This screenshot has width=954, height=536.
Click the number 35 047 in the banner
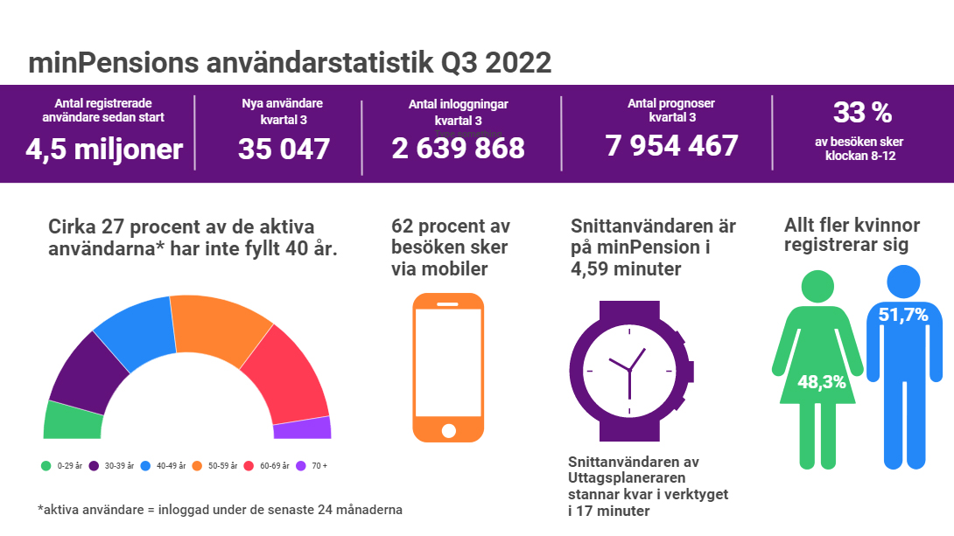(284, 150)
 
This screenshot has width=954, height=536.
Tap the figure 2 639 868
(458, 149)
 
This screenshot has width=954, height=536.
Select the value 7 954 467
(671, 145)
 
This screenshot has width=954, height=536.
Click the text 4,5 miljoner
(103, 150)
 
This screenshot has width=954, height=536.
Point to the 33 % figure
(862, 113)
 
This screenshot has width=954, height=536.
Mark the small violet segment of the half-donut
(302, 428)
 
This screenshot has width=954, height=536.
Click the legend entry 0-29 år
(61, 465)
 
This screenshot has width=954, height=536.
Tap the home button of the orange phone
(448, 430)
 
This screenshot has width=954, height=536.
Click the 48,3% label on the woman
(821, 382)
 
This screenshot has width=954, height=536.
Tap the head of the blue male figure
(903, 280)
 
